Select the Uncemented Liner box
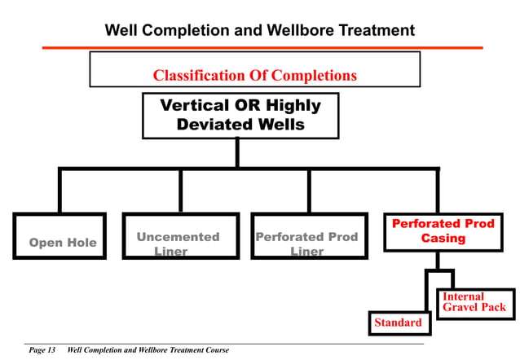click(x=180, y=236)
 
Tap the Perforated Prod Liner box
click(x=307, y=236)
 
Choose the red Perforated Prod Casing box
click(x=442, y=231)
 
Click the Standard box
click(x=398, y=323)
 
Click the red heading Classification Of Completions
click(x=254, y=76)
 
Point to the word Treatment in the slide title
click(x=367, y=31)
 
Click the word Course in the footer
click(x=215, y=350)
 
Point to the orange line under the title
click(x=262, y=47)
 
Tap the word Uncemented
click(x=178, y=237)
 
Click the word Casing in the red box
click(x=443, y=239)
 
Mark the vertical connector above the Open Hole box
click(x=59, y=191)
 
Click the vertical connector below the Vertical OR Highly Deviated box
click(x=237, y=153)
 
